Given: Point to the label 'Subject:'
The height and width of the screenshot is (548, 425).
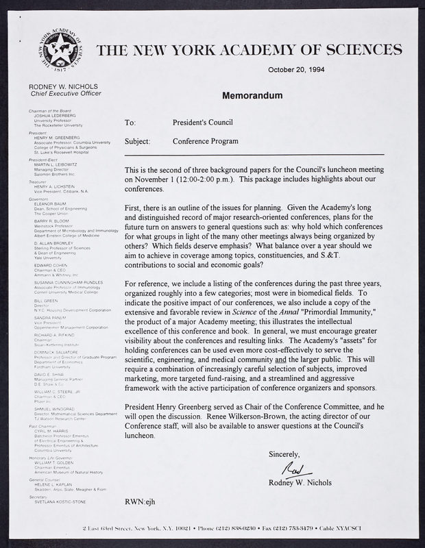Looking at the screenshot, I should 137,142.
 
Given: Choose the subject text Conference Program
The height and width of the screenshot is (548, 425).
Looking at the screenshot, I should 206,142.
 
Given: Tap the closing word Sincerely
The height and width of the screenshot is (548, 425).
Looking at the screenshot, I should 284,453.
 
